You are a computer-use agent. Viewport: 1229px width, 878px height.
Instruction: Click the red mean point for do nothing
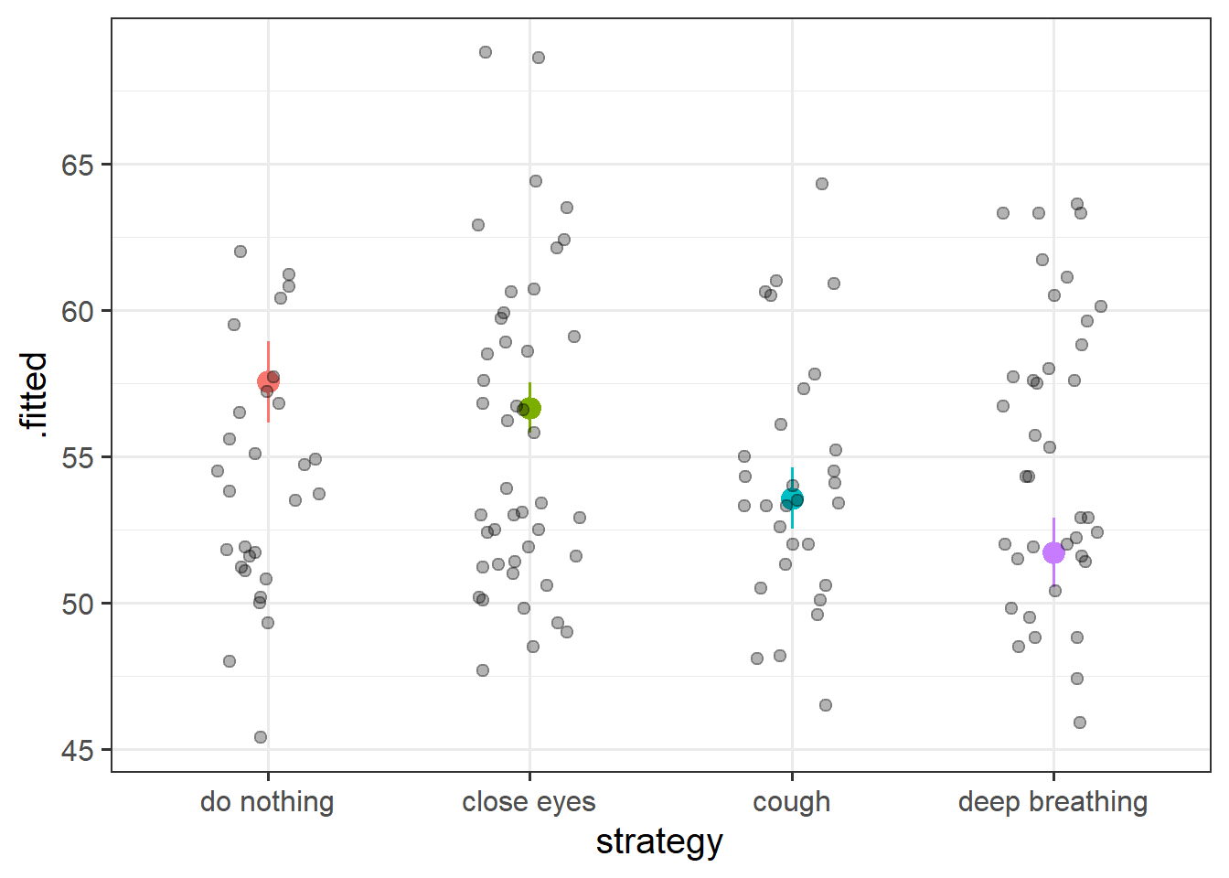268,381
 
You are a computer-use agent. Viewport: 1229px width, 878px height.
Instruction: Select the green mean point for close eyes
529,408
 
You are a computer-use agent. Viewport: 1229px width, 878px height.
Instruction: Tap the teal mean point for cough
792,498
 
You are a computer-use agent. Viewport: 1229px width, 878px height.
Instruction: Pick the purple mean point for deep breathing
1053,552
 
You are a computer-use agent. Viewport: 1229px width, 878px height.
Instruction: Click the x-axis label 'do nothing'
267,802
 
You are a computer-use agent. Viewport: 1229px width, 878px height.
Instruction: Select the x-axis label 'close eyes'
529,802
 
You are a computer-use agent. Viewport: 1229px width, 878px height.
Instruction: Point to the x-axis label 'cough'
792,802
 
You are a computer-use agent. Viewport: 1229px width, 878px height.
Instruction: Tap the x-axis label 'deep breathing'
1053,802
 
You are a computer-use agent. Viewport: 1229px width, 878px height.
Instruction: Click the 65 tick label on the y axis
77,166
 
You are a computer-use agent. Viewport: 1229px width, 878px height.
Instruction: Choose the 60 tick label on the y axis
77,312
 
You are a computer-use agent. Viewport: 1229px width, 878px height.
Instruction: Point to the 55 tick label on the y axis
77,458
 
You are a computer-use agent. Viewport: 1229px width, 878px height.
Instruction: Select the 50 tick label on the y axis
77,605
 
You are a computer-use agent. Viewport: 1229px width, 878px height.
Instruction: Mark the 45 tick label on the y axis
77,751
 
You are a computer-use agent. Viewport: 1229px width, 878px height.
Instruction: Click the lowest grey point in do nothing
261,737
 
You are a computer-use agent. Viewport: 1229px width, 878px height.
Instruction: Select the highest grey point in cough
822,184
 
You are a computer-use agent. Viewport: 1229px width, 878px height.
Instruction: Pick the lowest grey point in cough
826,705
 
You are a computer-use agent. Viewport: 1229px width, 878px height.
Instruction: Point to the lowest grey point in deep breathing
1080,723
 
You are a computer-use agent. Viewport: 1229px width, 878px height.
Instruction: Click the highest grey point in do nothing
240,252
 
